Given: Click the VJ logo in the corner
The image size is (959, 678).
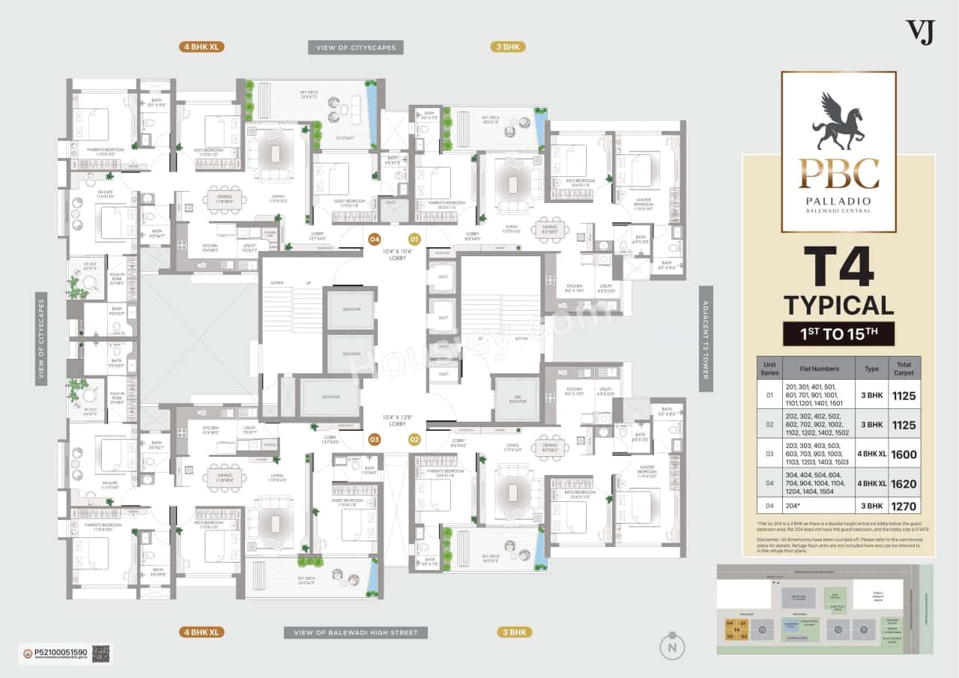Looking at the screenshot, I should (x=920, y=31).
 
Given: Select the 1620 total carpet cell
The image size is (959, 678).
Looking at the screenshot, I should (x=904, y=483).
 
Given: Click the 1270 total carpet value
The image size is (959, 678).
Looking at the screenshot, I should (x=904, y=506).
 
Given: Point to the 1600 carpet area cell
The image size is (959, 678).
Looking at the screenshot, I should (x=904, y=454).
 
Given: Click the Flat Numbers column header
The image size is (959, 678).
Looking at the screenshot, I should (x=819, y=368).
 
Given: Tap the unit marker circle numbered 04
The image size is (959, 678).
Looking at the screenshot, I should (x=375, y=240).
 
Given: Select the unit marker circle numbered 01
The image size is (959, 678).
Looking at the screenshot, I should (x=414, y=240).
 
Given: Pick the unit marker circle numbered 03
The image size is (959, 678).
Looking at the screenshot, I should (x=375, y=439).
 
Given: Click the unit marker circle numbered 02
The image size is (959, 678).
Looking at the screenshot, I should (x=414, y=439).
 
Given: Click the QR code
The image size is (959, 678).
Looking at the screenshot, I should (x=101, y=653).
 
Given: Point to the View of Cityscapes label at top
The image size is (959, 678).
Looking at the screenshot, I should (x=356, y=47).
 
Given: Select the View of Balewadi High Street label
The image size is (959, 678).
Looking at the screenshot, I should (x=356, y=632).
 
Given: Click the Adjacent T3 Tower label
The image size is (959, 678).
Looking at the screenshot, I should (x=705, y=338).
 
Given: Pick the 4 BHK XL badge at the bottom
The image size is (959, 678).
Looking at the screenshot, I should (x=202, y=632).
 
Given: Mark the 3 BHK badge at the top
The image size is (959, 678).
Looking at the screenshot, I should (x=507, y=47).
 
